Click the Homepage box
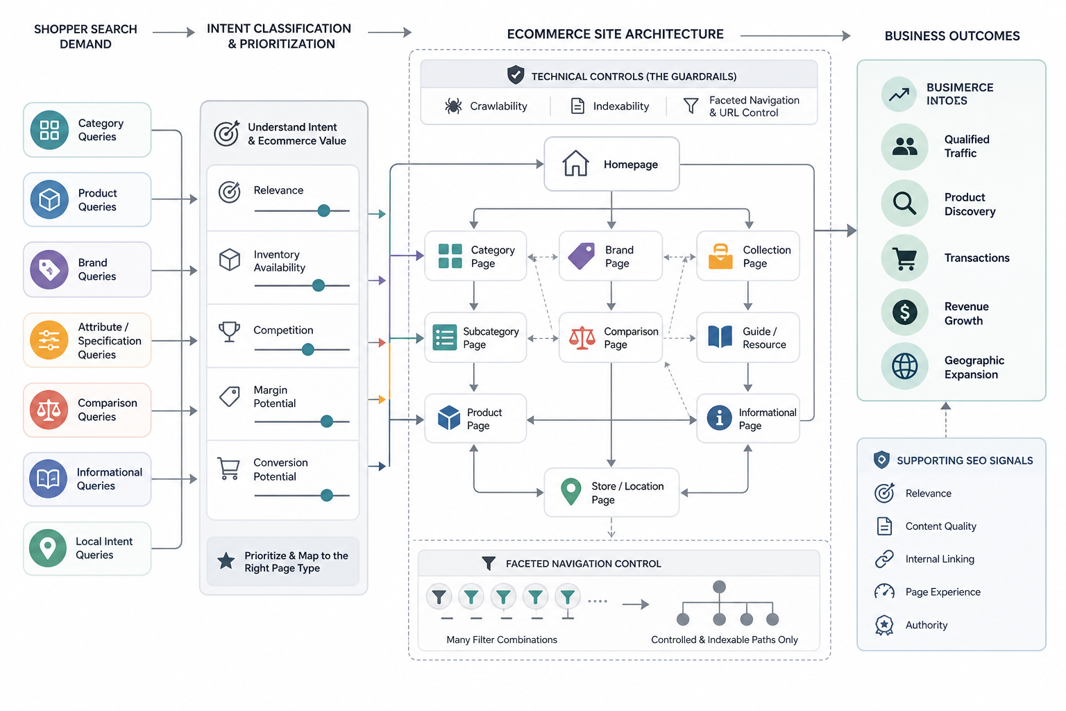(x=611, y=164)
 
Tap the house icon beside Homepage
(x=575, y=163)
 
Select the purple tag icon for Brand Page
(x=582, y=256)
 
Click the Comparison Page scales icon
(x=582, y=337)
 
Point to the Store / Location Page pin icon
(x=571, y=492)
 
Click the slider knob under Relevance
(x=323, y=210)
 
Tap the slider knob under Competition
(x=308, y=349)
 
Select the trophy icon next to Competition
(x=229, y=331)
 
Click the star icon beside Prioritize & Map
(x=226, y=561)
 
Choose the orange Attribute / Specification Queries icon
(x=49, y=340)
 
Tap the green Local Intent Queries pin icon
(x=48, y=548)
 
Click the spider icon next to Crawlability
(x=453, y=106)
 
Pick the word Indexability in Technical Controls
(x=620, y=106)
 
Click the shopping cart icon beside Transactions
(x=905, y=258)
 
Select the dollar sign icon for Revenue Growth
(x=905, y=312)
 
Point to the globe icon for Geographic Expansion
(x=905, y=366)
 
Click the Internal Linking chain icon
(x=884, y=559)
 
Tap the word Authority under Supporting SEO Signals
(x=926, y=625)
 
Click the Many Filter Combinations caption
(x=502, y=639)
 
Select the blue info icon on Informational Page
(x=719, y=418)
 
